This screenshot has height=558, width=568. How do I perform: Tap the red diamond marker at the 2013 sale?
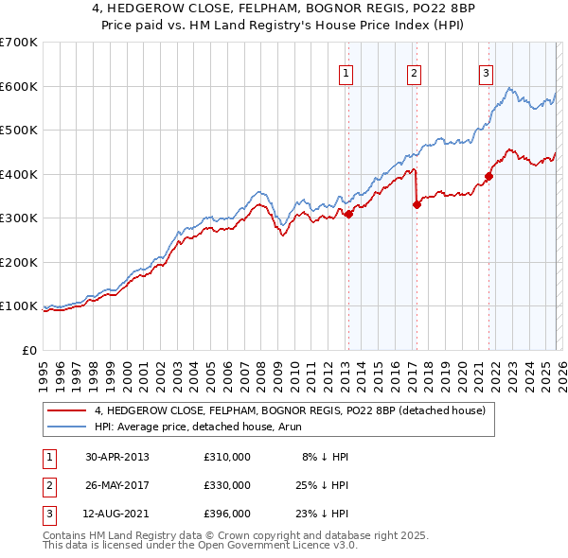(x=348, y=214)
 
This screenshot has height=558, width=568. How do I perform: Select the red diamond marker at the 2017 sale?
(x=417, y=204)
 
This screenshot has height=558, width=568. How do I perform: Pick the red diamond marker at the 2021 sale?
(x=489, y=176)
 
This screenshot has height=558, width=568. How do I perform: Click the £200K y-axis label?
(x=19, y=262)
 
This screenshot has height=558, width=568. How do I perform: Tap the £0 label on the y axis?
(x=29, y=350)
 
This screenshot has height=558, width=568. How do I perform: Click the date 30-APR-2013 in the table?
(x=117, y=457)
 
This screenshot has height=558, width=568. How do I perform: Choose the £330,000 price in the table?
(x=226, y=485)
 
